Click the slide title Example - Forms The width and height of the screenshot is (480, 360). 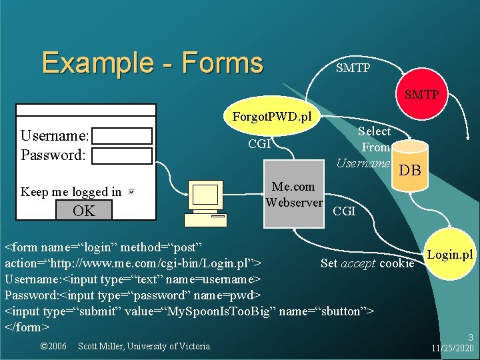[x=152, y=63]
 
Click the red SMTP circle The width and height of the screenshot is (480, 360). [x=421, y=94]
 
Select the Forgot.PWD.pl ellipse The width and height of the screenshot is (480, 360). [x=272, y=117]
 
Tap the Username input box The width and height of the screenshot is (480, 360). [x=122, y=136]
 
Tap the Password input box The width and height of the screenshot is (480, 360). [x=122, y=156]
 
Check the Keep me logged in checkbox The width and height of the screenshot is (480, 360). [x=131, y=192]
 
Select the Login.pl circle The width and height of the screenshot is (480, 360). [x=450, y=255]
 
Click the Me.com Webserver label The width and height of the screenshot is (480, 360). [x=294, y=194]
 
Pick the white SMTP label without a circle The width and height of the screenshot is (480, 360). [x=353, y=68]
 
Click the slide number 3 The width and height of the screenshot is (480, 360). [x=470, y=338]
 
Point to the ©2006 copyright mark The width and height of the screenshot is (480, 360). [x=53, y=346]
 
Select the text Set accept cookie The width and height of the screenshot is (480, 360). [x=367, y=263]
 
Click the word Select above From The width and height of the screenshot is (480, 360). [x=374, y=131]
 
